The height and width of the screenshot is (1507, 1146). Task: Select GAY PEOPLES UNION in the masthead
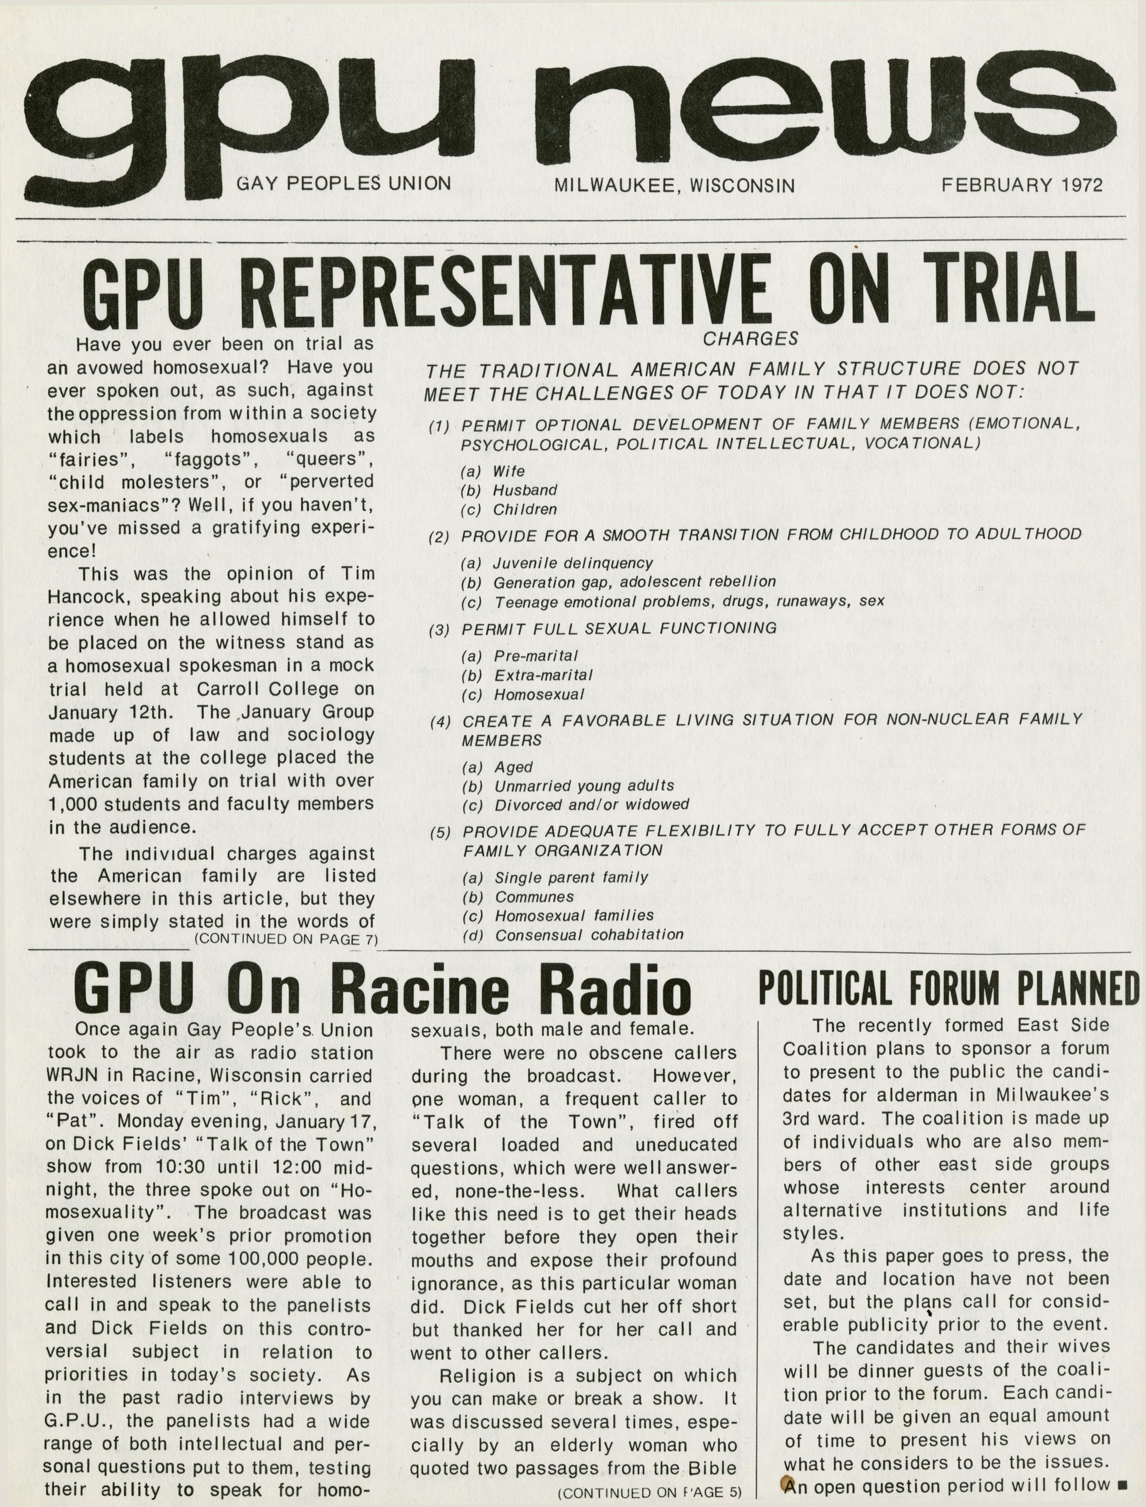pyautogui.click(x=343, y=183)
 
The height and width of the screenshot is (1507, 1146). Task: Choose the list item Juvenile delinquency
pyautogui.click(x=573, y=563)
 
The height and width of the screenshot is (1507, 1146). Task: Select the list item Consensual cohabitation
pyautogui.click(x=589, y=934)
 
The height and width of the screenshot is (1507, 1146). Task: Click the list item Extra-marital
pyautogui.click(x=543, y=675)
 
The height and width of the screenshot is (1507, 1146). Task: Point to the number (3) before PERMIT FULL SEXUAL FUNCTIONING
pyautogui.click(x=439, y=629)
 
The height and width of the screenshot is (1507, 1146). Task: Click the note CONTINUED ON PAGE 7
pyautogui.click(x=286, y=939)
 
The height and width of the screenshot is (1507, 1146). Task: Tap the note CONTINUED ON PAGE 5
pyautogui.click(x=649, y=1493)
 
